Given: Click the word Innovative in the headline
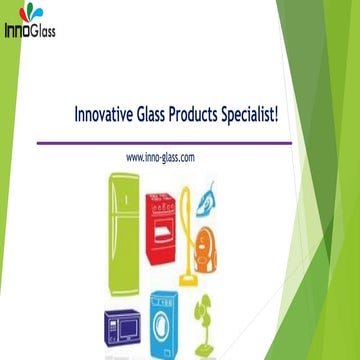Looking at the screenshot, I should click(107, 115).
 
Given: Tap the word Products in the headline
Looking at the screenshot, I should click(210, 115).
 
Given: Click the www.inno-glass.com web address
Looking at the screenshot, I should click(160, 158).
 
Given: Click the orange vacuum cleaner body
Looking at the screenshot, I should click(209, 246).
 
